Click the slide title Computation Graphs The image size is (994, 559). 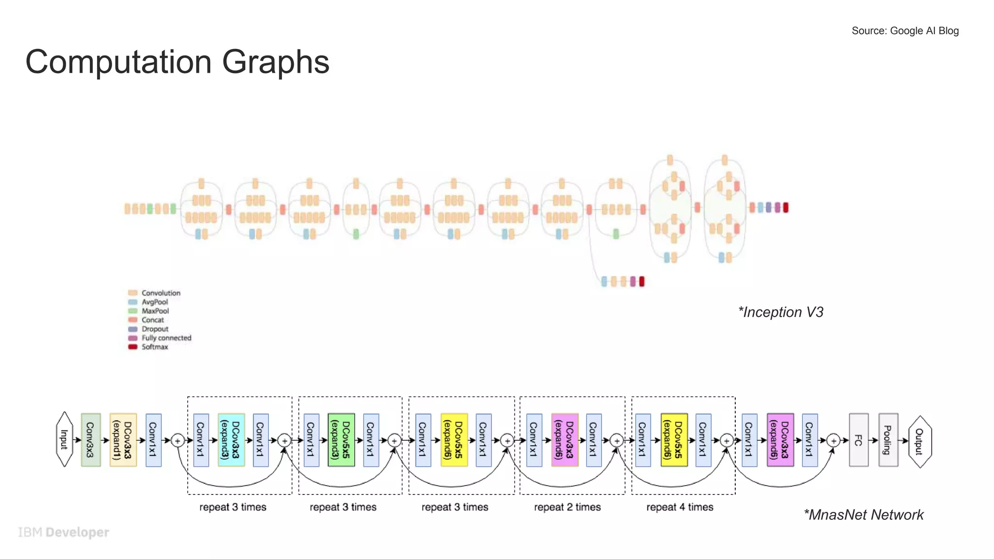click(x=177, y=62)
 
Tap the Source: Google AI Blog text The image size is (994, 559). click(x=905, y=31)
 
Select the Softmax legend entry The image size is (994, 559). click(x=149, y=347)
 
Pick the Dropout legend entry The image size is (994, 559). click(x=149, y=329)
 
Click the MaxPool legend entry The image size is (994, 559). click(x=149, y=311)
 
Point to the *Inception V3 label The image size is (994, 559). click(x=781, y=312)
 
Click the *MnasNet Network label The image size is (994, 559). click(x=863, y=515)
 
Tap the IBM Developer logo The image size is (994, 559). click(x=64, y=532)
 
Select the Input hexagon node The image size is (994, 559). click(x=65, y=440)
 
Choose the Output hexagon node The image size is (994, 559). click(x=919, y=441)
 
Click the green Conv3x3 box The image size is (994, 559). click(x=91, y=440)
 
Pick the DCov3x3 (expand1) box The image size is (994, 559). click(x=123, y=440)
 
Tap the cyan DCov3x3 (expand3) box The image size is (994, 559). click(x=231, y=440)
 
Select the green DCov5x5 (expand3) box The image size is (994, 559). click(x=341, y=440)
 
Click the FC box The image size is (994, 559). click(x=859, y=440)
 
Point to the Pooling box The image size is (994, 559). click(x=888, y=440)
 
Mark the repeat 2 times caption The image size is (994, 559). click(x=567, y=507)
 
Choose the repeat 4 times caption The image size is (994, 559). click(x=679, y=507)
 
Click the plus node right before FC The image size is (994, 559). click(x=833, y=441)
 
